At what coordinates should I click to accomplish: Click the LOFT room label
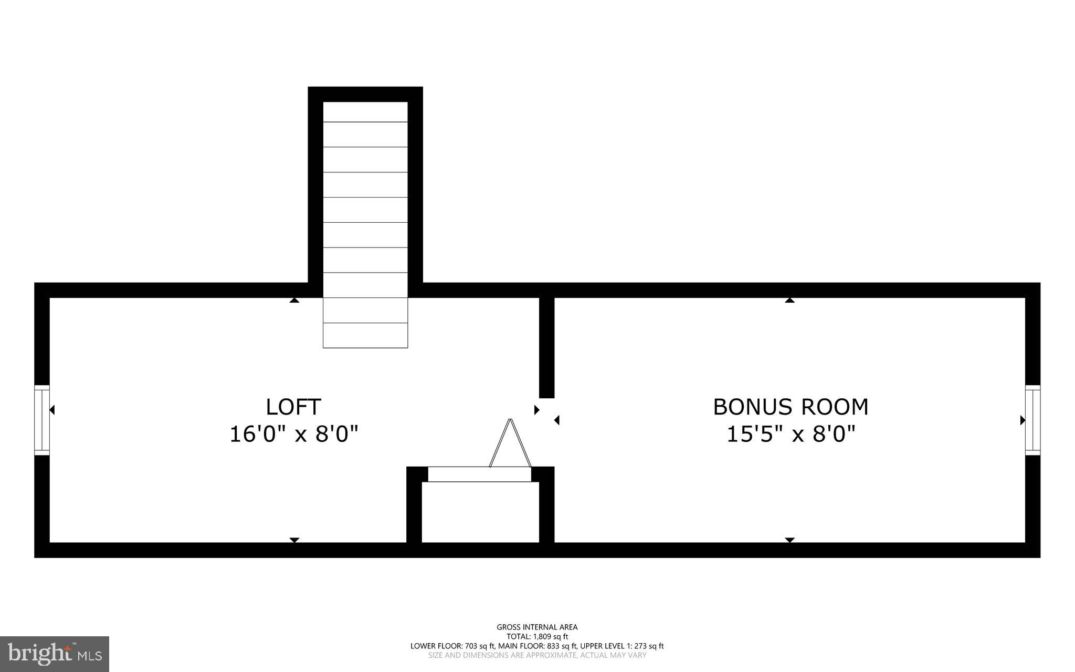pos(293,407)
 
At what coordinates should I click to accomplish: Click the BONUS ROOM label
pos(790,407)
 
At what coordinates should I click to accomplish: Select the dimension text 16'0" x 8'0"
pos(294,435)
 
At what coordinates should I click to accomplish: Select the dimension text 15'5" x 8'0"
pos(791,435)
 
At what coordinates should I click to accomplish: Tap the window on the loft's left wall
pos(41,420)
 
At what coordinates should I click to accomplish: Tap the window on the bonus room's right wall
pos(1032,420)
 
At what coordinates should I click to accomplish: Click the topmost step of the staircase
pos(365,112)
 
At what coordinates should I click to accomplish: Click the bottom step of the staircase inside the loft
pos(365,335)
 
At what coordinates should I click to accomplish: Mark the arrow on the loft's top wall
pos(294,301)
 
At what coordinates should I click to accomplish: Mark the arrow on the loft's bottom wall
pos(294,540)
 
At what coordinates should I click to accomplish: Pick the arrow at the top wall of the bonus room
pos(789,301)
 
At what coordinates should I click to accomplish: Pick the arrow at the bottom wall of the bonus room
pos(789,540)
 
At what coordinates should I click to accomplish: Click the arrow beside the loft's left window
pos(52,410)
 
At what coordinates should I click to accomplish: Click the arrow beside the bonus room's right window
pos(1023,420)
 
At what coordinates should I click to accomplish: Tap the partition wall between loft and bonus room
pos(546,347)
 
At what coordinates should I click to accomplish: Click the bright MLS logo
pos(55,654)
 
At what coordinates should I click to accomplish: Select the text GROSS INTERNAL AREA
pos(537,627)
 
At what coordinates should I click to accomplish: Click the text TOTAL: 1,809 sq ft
pos(537,636)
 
